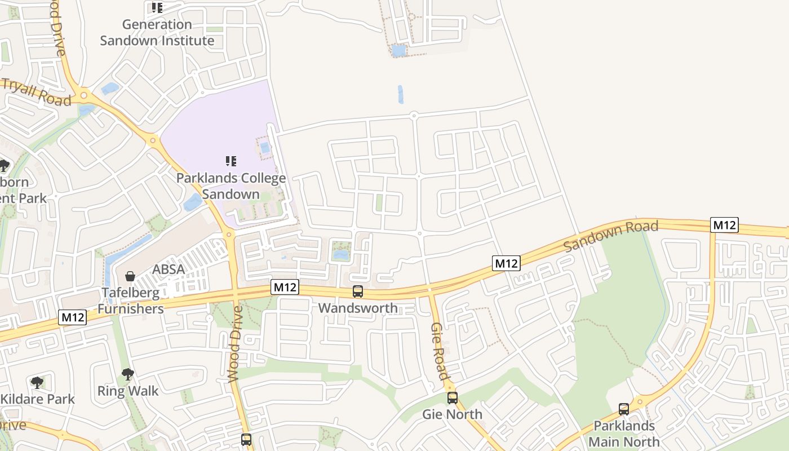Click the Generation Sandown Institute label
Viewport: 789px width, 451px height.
click(157, 33)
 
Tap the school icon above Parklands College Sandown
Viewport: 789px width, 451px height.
click(231, 162)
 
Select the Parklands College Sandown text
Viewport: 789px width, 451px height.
click(231, 186)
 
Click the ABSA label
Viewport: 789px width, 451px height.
click(169, 269)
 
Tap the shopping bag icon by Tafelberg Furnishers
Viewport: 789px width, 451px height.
click(130, 276)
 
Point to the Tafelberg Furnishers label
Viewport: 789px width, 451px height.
click(131, 300)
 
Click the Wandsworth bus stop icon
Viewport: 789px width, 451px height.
click(358, 291)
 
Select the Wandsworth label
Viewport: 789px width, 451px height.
click(358, 308)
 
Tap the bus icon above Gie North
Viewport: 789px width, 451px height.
click(453, 398)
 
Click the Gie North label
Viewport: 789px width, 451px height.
click(453, 414)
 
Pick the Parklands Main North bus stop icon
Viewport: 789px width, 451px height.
click(624, 409)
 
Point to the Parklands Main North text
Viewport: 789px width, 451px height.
click(624, 434)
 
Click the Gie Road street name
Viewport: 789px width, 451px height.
click(440, 351)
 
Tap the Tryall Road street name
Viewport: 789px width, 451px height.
click(36, 92)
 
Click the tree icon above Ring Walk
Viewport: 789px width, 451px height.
click(128, 374)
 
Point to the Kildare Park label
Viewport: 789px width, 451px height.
click(37, 399)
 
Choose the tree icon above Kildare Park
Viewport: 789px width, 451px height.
click(37, 383)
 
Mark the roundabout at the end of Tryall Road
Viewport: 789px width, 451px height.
click(84, 95)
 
